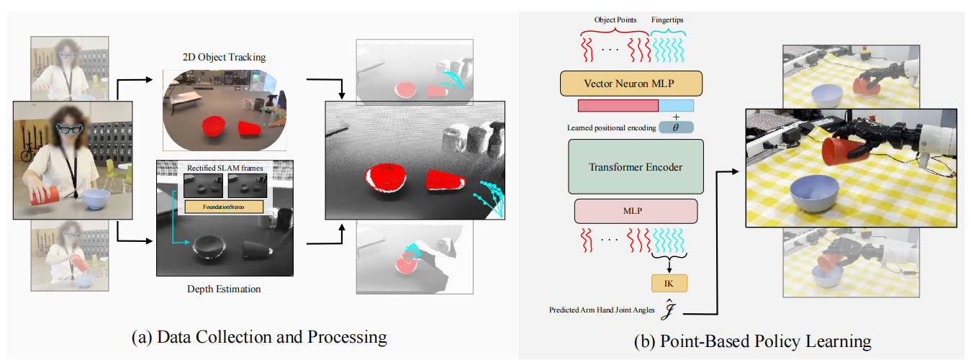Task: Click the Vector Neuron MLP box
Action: coord(631,84)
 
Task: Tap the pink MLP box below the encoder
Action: coord(636,211)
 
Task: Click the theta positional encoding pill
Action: coord(675,127)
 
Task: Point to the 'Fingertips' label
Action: coord(667,20)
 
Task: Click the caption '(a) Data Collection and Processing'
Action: coord(260,336)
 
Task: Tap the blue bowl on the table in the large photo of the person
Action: coord(96,199)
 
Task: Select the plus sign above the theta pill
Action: coord(675,116)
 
